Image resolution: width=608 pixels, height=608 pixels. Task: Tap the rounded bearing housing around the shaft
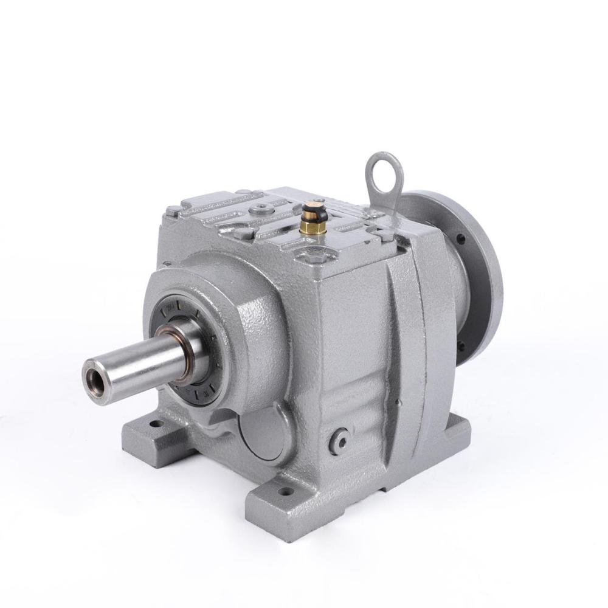pos(231,316)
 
